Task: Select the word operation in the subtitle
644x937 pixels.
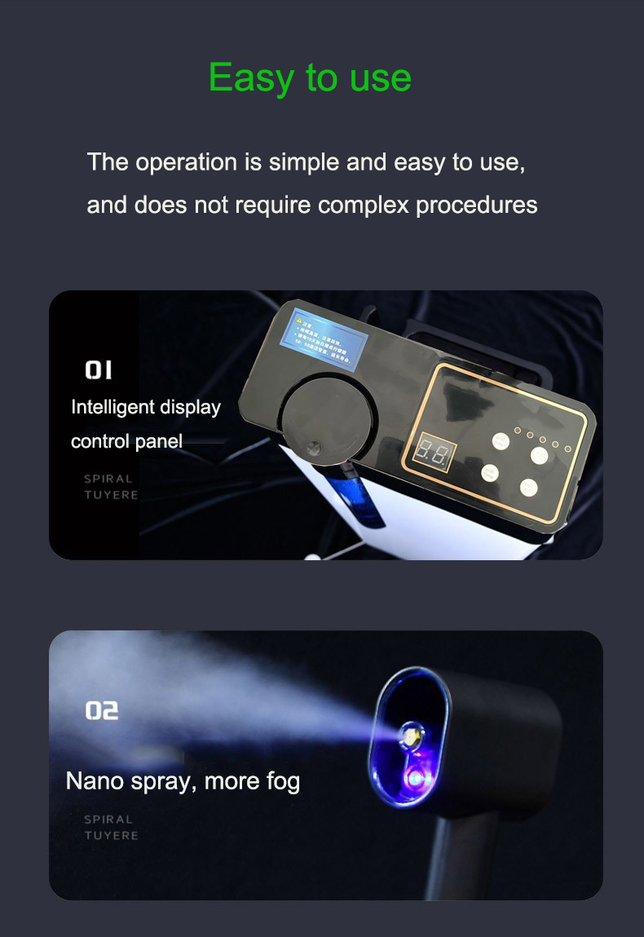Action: coord(187,162)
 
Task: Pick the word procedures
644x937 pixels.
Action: coord(477,205)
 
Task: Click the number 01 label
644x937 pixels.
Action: coord(99,371)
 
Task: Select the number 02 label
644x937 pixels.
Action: coord(102,711)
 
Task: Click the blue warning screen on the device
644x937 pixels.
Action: coord(324,337)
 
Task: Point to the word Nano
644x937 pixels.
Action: coord(93,781)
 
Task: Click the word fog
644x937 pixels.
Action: coord(283,781)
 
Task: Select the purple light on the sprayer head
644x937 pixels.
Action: coord(414,780)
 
